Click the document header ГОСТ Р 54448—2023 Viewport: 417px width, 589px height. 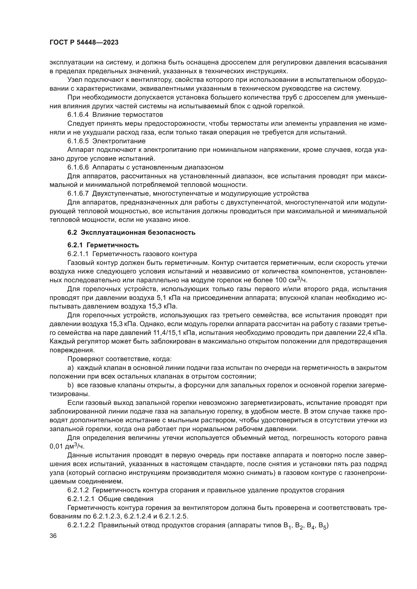[84, 43]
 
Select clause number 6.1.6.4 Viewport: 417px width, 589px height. [78, 114]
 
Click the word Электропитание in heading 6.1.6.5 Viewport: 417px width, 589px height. [119, 141]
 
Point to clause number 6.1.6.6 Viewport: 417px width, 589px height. [78, 167]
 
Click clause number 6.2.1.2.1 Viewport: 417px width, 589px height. [81, 499]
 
